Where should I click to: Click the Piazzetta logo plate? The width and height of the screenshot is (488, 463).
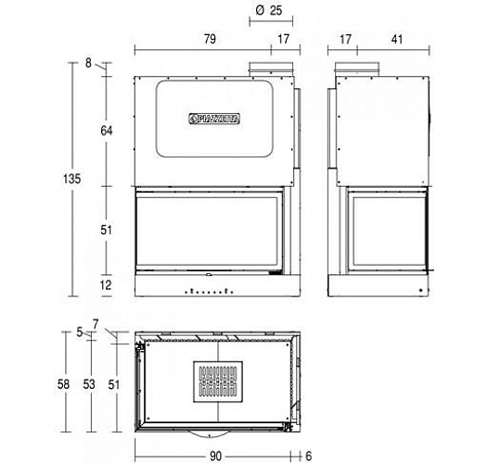click(x=214, y=119)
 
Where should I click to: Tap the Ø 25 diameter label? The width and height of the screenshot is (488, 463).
click(x=269, y=10)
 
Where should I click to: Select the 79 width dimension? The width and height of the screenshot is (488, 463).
click(x=210, y=39)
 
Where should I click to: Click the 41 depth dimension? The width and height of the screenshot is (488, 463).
click(x=397, y=40)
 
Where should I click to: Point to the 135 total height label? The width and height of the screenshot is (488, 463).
click(x=71, y=179)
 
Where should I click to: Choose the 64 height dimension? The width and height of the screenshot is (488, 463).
click(x=107, y=131)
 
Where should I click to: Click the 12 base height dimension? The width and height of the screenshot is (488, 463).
click(x=106, y=285)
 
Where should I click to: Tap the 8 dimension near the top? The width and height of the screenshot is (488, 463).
click(x=89, y=63)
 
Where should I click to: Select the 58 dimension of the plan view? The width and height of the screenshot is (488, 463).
click(x=63, y=384)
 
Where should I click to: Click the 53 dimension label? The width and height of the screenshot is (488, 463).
click(x=89, y=384)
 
